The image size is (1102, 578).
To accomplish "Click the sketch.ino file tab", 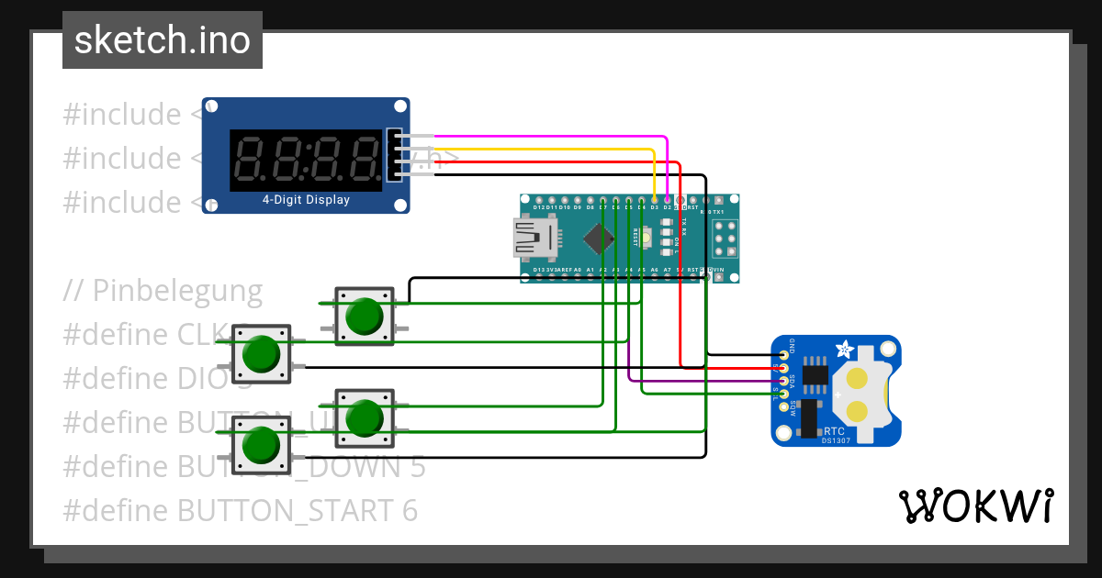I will pos(162,40).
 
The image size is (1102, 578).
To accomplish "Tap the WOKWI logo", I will pos(975,506).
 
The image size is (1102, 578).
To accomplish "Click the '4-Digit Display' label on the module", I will pos(306,199).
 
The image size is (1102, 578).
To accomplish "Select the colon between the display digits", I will pos(304,160).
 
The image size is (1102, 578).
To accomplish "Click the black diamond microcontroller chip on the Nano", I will pos(598,239).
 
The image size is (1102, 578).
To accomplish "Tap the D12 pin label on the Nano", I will pos(539,208).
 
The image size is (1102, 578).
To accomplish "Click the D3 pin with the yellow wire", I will pos(654,199).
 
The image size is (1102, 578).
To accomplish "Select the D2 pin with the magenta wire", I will pos(667,199).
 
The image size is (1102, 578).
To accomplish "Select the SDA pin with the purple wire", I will pos(783,380).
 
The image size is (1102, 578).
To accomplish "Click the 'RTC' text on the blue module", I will pos(834,430).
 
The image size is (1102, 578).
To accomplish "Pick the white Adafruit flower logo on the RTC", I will pos(843,349).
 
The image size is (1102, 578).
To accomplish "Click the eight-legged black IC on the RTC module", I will pos(814,374).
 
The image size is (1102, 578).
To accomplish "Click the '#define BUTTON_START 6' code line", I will pos(240,510).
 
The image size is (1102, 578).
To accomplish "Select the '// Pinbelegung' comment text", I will pos(163,291).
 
